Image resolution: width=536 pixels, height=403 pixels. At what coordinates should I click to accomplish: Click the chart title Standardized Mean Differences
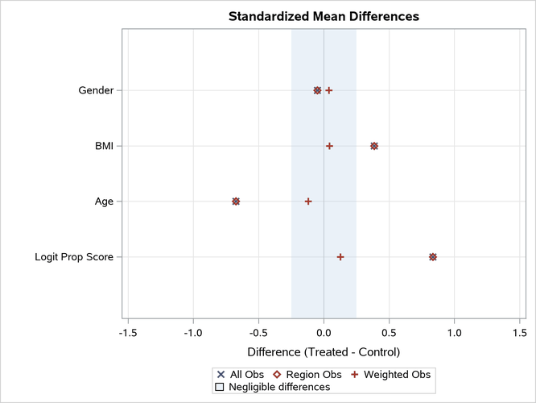tap(324, 16)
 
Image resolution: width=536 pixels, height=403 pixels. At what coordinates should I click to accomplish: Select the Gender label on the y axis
tap(96, 90)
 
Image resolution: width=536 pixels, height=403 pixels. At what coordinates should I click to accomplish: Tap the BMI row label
tap(104, 146)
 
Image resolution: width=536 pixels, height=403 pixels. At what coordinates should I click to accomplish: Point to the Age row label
tap(104, 201)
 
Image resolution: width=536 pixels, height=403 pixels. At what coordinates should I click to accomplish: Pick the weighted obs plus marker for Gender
tap(329, 90)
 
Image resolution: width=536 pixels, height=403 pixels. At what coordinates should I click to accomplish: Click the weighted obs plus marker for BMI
tap(329, 146)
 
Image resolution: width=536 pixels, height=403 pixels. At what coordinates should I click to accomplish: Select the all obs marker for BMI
tap(374, 146)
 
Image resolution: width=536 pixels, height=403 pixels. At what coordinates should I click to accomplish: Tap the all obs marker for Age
tap(236, 201)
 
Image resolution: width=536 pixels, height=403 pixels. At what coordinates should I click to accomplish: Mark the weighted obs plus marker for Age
tap(308, 201)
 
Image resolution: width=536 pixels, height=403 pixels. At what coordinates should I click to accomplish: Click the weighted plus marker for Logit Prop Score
tap(340, 257)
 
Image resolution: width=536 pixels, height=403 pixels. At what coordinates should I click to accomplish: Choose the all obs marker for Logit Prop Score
tap(433, 257)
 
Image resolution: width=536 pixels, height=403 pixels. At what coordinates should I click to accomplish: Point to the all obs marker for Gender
tap(317, 90)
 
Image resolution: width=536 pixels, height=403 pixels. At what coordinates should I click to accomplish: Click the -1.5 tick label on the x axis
tap(127, 332)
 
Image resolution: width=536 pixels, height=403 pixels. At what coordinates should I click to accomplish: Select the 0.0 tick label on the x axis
tap(324, 332)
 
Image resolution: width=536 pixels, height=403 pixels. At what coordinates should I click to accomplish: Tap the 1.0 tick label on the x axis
tap(455, 332)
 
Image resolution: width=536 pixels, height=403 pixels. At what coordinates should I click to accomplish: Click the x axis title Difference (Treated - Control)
tap(324, 352)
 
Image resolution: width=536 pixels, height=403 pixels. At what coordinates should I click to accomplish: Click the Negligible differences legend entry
tap(274, 387)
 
